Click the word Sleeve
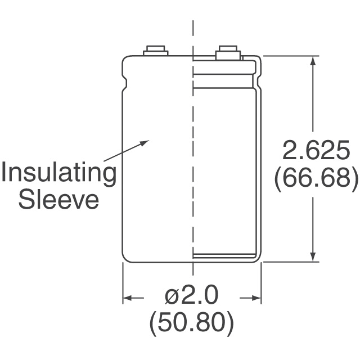[58, 200]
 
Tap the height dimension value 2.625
[316, 151]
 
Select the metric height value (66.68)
[316, 178]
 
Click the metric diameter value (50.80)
[191, 324]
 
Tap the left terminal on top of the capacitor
[155, 51]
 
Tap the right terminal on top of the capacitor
[228, 52]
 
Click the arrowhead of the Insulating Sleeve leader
[145, 143]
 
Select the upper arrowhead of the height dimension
[313, 61]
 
